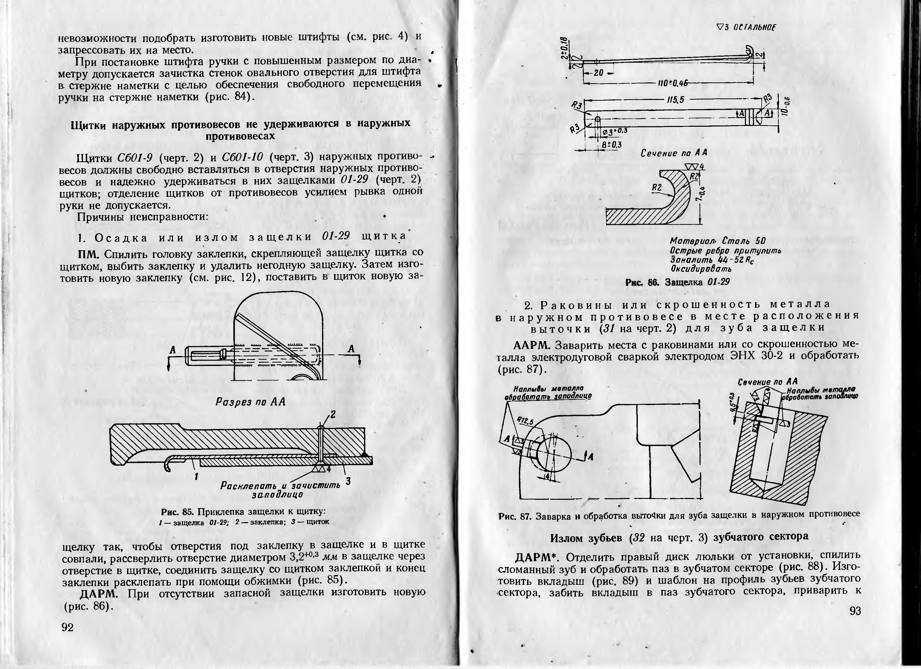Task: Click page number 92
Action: click(x=67, y=628)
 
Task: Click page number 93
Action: click(x=855, y=611)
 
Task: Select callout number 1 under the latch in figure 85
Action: click(x=196, y=477)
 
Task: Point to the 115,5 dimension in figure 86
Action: click(x=675, y=100)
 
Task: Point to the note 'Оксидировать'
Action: click(x=701, y=268)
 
